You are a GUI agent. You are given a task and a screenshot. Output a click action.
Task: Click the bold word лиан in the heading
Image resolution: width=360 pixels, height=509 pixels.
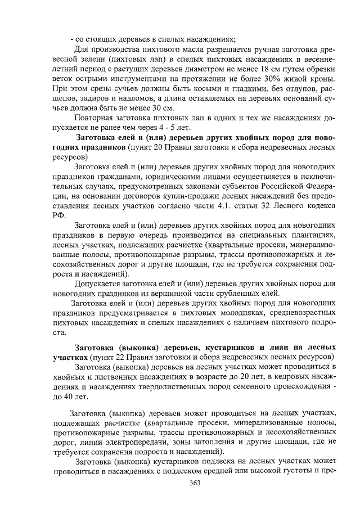click(254, 347)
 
